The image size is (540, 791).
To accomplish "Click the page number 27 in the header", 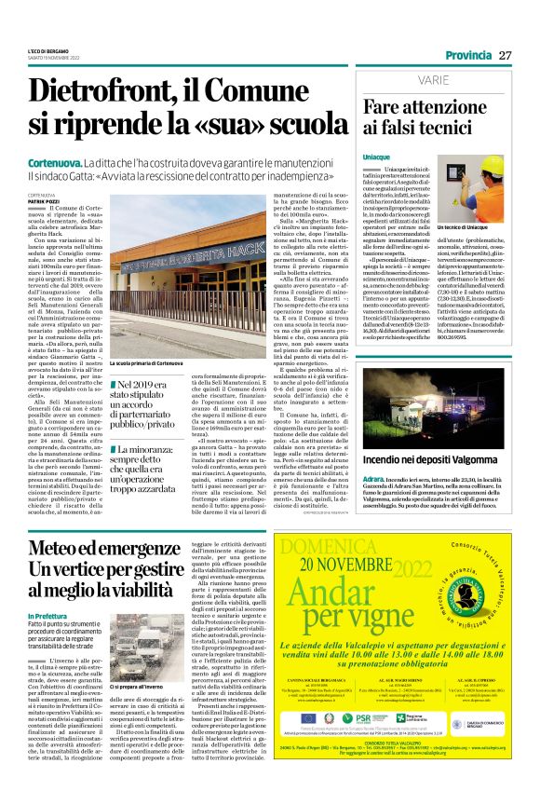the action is tap(506, 56).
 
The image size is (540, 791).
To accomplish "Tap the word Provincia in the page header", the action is tap(466, 56).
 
